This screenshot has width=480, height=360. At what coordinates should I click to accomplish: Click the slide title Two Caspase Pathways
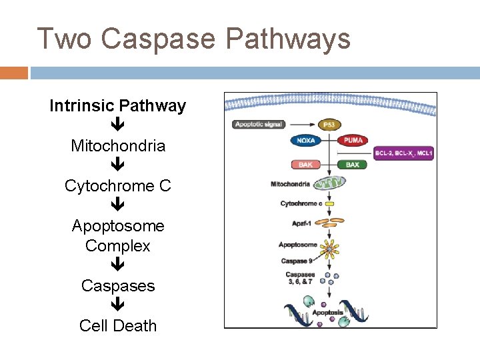click(x=193, y=38)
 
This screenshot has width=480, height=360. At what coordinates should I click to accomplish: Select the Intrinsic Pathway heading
click(x=117, y=106)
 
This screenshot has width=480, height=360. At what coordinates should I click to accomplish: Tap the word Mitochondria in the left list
click(x=118, y=146)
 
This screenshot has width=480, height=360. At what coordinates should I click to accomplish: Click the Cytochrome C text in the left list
click(x=118, y=186)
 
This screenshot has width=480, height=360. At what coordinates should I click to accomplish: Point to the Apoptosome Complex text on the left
click(x=118, y=236)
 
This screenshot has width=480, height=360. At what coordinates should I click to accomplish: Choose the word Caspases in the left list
click(x=118, y=286)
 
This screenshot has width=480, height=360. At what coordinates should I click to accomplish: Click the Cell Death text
click(x=118, y=326)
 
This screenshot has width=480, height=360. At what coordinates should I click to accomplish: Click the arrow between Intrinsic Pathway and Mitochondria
click(x=118, y=125)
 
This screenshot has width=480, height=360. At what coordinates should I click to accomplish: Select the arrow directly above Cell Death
click(x=118, y=305)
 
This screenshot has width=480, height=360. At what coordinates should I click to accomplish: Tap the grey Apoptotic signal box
click(x=259, y=124)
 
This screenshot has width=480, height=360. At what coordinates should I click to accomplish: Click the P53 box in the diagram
click(x=328, y=125)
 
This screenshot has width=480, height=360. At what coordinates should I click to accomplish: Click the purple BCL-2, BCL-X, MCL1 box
click(x=404, y=154)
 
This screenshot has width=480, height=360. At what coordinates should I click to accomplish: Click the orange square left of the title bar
click(x=13, y=72)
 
